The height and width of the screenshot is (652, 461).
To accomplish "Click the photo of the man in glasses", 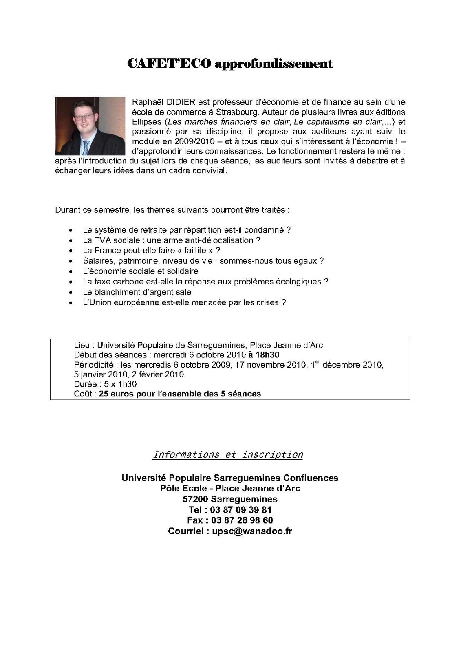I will coord(90,126).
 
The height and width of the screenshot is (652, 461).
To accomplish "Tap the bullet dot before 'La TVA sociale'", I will coord(72,240).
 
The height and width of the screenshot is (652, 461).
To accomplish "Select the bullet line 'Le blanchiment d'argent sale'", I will coord(137,292).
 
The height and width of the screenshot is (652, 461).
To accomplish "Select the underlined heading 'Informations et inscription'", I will coord(228,455).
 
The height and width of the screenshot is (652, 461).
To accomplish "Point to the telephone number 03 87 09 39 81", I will coord(242,510).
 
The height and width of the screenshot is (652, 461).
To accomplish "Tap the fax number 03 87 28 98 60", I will coord(242,520).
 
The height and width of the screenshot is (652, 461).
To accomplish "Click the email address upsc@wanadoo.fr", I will coord(252,531).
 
